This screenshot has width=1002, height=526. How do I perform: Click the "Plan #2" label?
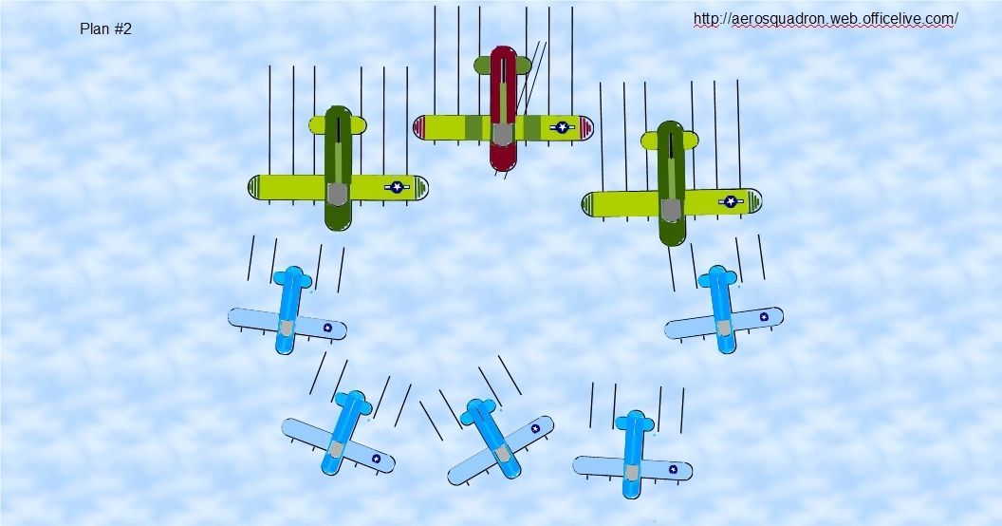105,29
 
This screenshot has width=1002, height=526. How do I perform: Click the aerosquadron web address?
826,19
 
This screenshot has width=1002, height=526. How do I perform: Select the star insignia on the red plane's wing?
563,127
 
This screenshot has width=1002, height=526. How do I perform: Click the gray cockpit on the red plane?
503,134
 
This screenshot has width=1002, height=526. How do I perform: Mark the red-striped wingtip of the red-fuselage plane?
420,127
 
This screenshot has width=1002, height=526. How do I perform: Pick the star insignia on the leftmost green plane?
398,187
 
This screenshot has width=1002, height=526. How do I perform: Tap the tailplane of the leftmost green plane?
338,124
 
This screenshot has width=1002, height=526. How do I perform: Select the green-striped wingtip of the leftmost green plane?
255,188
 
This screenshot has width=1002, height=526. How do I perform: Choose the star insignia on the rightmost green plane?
730,201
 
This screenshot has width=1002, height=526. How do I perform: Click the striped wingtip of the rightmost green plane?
588,204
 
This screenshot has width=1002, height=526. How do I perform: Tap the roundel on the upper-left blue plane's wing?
327,328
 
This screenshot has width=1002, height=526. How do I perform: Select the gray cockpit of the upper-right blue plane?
724,329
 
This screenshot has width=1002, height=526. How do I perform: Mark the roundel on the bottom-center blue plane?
535,428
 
